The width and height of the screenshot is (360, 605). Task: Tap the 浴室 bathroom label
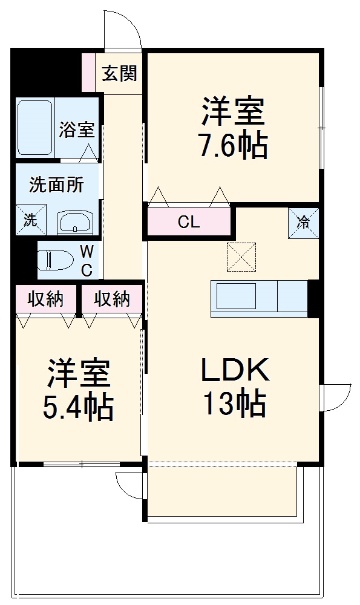point(77,129)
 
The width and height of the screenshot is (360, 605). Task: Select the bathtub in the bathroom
point(34,128)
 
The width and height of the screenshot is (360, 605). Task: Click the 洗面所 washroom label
point(56,185)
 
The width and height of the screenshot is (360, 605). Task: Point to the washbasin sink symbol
point(76,222)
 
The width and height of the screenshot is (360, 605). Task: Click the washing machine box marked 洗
point(30,220)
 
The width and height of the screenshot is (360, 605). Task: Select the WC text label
point(87,260)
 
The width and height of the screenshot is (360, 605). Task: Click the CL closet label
point(188,222)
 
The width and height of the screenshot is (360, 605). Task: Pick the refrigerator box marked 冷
point(303,222)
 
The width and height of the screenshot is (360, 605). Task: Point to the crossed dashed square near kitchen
point(241,257)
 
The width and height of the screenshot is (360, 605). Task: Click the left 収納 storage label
point(46,299)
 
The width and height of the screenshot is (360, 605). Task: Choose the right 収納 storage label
point(112,299)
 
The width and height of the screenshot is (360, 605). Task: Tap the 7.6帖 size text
point(233,146)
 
